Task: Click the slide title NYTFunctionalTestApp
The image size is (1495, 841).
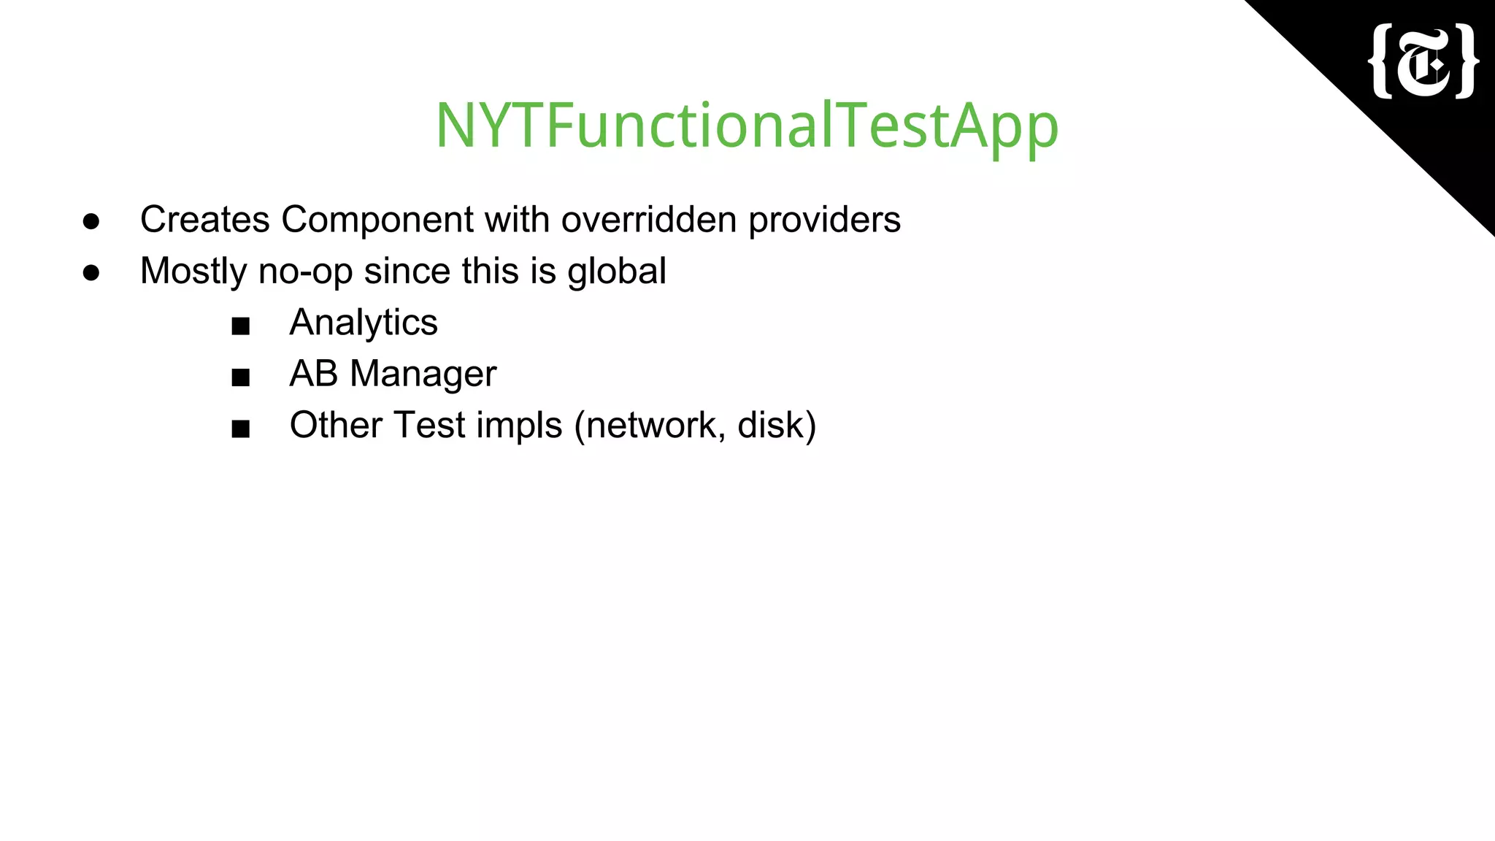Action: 747,126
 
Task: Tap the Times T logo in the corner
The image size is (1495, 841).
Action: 1423,61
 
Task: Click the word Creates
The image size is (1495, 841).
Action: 204,219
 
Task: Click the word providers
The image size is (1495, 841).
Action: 824,219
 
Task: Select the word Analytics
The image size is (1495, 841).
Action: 364,323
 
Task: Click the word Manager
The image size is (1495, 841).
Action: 423,375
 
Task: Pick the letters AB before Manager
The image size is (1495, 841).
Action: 313,373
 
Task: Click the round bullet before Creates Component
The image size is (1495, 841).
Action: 91,220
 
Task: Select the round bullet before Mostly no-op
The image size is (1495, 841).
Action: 91,272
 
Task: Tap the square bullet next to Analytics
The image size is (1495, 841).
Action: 240,326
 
